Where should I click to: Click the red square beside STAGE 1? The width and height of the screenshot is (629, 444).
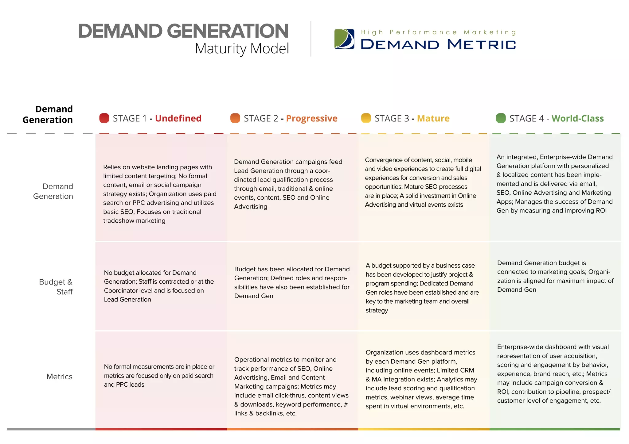tap(104, 118)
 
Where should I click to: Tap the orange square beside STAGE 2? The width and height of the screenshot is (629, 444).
tap(235, 118)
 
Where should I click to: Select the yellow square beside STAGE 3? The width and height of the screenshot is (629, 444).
tap(366, 118)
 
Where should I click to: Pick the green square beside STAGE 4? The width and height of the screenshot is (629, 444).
tap(501, 118)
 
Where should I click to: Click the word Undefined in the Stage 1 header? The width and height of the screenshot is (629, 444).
tap(178, 118)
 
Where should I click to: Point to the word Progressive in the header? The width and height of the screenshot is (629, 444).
tap(311, 118)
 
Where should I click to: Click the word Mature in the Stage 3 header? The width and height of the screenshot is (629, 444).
tap(433, 118)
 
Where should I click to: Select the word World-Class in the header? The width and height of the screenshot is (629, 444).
tap(577, 118)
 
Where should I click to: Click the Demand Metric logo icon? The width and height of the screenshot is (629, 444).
tap(344, 39)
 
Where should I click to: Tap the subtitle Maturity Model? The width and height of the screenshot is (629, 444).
tap(242, 48)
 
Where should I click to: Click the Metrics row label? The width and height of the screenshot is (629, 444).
tap(59, 377)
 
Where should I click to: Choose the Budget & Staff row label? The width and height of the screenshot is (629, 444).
tap(56, 287)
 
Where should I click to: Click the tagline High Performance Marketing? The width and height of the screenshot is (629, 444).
tap(438, 32)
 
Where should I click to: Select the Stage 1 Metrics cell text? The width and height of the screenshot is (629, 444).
tap(159, 375)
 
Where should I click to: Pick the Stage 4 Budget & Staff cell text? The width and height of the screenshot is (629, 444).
tap(555, 276)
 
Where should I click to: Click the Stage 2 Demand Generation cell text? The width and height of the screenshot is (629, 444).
tap(288, 184)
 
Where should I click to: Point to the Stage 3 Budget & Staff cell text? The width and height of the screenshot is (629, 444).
tap(422, 288)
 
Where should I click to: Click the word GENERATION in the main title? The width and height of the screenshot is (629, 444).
tap(228, 31)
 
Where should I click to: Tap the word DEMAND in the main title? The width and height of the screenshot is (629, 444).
tap(120, 31)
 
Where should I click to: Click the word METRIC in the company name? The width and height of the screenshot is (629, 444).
tap(481, 44)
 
